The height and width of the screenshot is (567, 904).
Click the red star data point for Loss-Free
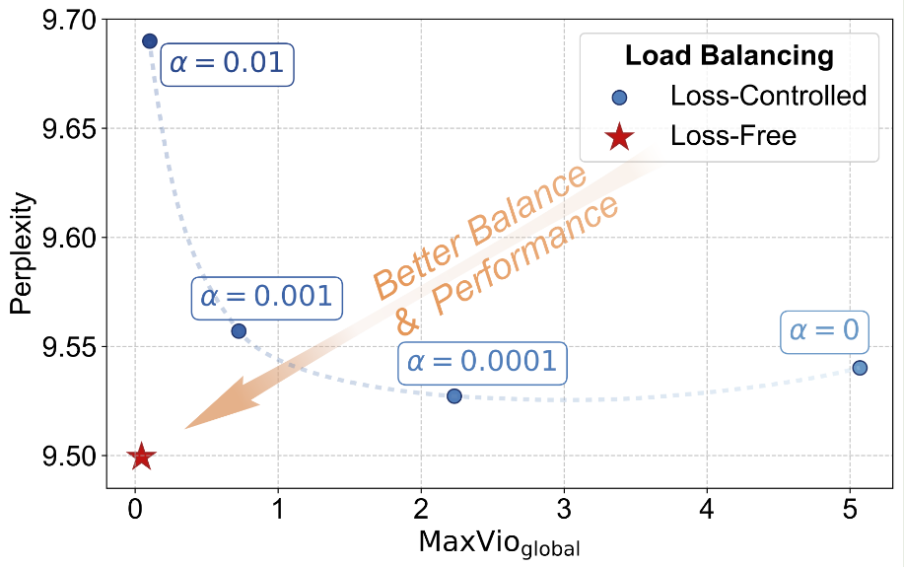click(141, 457)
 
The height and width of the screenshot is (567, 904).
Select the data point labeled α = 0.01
click(150, 40)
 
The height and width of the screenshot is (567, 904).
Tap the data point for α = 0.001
click(239, 331)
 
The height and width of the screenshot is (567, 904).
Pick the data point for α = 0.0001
click(454, 395)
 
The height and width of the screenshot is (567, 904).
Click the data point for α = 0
click(860, 368)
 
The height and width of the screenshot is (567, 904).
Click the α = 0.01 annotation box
click(227, 63)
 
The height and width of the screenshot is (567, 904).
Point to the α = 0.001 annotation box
click(266, 297)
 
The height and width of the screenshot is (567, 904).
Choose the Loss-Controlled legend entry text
click(768, 96)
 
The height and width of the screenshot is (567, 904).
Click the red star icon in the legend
click(619, 136)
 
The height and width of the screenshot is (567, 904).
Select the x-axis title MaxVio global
click(500, 543)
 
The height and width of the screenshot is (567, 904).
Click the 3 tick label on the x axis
click(564, 512)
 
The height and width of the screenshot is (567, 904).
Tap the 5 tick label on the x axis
click(850, 512)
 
